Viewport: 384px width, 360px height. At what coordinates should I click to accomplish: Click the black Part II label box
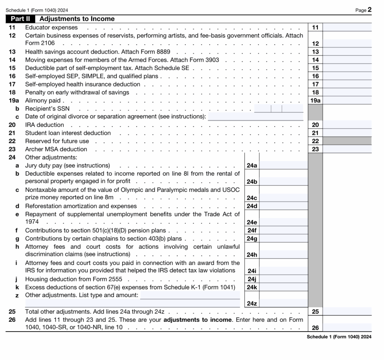tap(21, 19)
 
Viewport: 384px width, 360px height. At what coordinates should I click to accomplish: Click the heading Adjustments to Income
tap(77, 19)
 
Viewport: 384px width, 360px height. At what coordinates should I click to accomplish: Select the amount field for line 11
tap(347, 27)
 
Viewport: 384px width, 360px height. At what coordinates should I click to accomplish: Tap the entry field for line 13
tap(347, 52)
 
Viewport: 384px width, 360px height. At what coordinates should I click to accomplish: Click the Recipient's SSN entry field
tap(278, 109)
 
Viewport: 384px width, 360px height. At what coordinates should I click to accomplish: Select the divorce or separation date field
tap(255, 117)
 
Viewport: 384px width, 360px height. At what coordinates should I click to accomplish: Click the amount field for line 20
tap(347, 125)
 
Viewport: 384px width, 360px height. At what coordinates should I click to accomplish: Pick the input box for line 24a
tap(283, 165)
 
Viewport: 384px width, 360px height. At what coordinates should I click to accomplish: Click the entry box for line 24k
tap(283, 287)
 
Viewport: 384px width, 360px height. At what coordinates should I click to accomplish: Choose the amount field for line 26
tap(347, 328)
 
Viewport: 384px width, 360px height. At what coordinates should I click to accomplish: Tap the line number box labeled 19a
tap(315, 100)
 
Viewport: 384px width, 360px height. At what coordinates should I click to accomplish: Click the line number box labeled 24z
tap(252, 303)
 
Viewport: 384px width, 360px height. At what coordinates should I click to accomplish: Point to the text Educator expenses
tap(51, 27)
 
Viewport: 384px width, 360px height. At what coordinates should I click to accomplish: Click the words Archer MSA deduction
tap(56, 149)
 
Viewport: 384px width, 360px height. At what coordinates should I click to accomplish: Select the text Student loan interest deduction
tap(68, 133)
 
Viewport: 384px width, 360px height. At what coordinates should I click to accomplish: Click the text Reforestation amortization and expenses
tap(81, 206)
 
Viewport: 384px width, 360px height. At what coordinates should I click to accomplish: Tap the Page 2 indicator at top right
tap(363, 10)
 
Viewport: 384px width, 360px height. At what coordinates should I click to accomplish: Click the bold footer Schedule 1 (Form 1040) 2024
tap(339, 337)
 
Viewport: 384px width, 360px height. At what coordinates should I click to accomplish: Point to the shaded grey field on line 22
tap(347, 141)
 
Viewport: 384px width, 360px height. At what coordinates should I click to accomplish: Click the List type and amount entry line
tap(190, 296)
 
